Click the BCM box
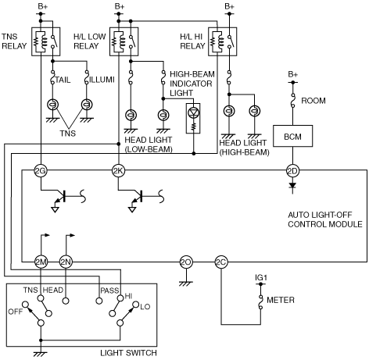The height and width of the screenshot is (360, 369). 292,136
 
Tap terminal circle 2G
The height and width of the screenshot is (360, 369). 41,171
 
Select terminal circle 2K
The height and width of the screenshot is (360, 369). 118,171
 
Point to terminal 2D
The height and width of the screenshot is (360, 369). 292,171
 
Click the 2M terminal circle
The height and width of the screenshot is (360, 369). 41,262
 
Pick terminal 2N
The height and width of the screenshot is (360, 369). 66,262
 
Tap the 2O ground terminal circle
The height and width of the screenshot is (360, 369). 186,262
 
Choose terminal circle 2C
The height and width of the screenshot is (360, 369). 221,262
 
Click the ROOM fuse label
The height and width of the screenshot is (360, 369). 313,101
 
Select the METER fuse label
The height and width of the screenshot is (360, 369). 281,300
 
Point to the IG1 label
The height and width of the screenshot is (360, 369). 261,278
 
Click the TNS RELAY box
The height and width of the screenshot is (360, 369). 46,41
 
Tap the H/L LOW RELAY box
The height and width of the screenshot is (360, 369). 124,41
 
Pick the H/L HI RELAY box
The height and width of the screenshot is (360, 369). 223,41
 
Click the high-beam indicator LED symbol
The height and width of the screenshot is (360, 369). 193,112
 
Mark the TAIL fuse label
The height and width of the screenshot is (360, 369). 63,80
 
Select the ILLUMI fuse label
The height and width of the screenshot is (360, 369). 102,80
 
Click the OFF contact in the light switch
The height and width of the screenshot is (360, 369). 25,305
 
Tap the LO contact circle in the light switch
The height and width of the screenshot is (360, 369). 136,305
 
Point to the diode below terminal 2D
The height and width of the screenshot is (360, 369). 292,186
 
